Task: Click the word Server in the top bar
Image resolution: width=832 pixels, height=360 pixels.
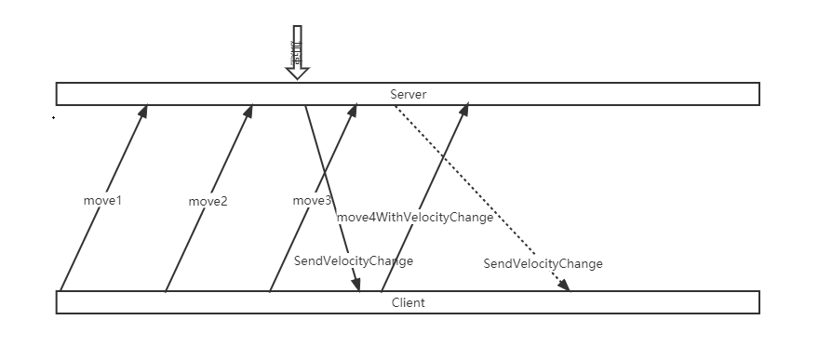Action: pyautogui.click(x=408, y=94)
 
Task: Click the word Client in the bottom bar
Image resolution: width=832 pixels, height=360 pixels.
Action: pyautogui.click(x=408, y=303)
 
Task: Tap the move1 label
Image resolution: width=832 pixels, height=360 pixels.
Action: pyautogui.click(x=102, y=201)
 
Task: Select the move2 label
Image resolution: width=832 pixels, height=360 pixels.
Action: pyautogui.click(x=208, y=201)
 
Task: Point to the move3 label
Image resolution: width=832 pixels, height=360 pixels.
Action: pyautogui.click(x=312, y=201)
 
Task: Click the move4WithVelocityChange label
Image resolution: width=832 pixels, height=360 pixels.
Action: pyautogui.click(x=414, y=218)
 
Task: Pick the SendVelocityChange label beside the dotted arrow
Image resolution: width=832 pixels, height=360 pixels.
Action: pyautogui.click(x=543, y=264)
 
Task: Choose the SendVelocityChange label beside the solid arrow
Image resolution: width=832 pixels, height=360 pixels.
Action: pyautogui.click(x=353, y=261)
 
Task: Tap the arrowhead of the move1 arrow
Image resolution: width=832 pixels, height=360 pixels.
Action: pyautogui.click(x=144, y=110)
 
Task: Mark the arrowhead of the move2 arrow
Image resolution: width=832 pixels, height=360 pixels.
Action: pyautogui.click(x=249, y=110)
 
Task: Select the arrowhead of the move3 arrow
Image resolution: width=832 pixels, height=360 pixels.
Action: pyautogui.click(x=354, y=110)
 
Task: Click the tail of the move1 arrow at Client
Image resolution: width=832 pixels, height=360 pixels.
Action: pyautogui.click(x=60, y=291)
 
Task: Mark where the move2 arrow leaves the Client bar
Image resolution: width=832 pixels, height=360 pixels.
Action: pyautogui.click(x=166, y=291)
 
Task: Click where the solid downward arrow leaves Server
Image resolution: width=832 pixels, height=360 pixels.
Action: pyautogui.click(x=305, y=106)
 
